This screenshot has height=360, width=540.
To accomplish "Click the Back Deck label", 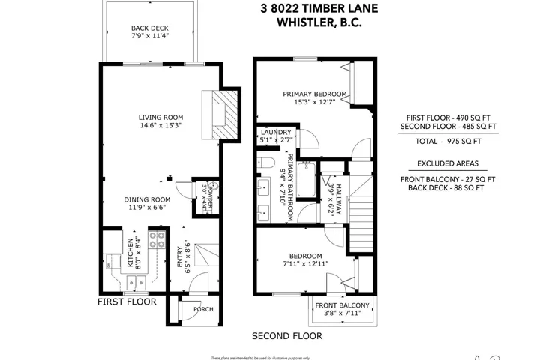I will pyautogui.click(x=150, y=29).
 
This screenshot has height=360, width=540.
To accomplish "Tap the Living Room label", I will pyautogui.click(x=160, y=117).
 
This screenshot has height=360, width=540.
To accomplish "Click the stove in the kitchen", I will pyautogui.click(x=158, y=239).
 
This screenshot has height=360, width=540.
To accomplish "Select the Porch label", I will pyautogui.click(x=203, y=309).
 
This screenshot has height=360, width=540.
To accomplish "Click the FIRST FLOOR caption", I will pyautogui.click(x=127, y=301).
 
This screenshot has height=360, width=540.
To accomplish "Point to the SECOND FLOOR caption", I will pyautogui.click(x=286, y=335).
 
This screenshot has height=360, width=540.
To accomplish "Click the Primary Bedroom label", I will pyautogui.click(x=315, y=94).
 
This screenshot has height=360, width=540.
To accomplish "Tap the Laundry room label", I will pyautogui.click(x=275, y=132).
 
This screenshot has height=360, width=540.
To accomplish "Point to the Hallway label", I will pyautogui.click(x=338, y=200).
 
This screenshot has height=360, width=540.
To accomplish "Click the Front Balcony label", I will pyautogui.click(x=342, y=305).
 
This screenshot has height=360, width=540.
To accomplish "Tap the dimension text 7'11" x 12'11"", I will pyautogui.click(x=306, y=263).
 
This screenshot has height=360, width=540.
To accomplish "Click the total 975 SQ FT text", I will pyautogui.click(x=448, y=140).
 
